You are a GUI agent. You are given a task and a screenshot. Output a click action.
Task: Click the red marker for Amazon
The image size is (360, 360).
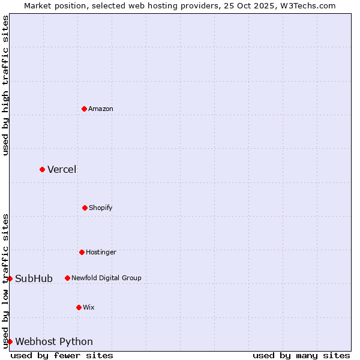pos(84,109)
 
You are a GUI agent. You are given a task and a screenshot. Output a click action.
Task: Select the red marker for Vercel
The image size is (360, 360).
pos(42,169)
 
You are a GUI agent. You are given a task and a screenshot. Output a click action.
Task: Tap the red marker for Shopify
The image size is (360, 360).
pos(85,208)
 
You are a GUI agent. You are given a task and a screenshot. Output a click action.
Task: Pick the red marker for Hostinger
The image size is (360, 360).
pos(82,252)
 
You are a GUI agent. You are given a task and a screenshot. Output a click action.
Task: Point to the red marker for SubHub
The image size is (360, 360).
pos(10,278)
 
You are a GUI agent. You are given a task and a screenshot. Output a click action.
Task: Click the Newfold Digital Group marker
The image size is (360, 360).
pos(67,278)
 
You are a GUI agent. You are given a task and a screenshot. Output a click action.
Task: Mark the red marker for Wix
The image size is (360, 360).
pos(79,307)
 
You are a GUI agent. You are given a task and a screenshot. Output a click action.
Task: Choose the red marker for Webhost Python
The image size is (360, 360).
pos(10,341)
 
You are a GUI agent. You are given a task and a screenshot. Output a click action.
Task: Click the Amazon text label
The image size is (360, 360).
pos(101,109)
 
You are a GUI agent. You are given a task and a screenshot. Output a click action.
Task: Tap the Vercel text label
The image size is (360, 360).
pos(62,169)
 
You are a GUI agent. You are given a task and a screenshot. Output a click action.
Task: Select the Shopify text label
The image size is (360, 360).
pos(101,208)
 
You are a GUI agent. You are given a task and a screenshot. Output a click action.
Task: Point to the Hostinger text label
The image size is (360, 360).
pos(101,252)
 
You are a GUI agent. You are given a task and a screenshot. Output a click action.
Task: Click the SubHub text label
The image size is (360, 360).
pos(34,278)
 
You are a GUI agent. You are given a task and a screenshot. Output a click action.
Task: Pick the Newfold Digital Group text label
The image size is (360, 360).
pos(106,278)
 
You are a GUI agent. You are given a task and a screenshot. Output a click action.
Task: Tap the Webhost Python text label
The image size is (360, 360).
pos(54,341)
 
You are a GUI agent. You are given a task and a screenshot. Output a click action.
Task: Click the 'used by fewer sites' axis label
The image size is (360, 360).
pos(62,355)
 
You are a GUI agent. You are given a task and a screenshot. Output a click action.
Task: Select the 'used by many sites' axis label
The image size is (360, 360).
pos(301,355)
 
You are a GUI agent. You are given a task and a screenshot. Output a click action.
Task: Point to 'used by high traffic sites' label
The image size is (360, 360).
pos(5,85)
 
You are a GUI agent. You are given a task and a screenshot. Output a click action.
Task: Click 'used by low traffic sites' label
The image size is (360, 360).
pos(5,281)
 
